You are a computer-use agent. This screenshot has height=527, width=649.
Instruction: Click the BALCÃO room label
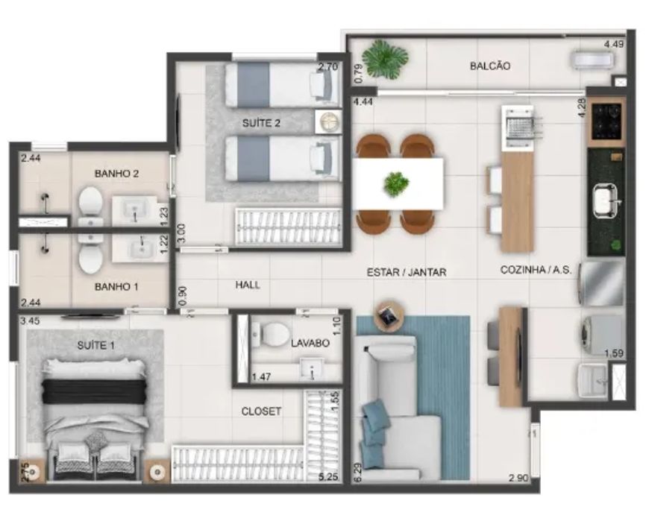click(x=489, y=66)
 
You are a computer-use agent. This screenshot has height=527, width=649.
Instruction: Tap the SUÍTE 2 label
click(x=261, y=123)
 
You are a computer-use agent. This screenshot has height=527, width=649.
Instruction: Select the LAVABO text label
click(x=310, y=343)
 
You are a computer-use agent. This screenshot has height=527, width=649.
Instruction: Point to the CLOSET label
click(x=261, y=411)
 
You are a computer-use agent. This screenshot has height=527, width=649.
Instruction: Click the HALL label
click(x=248, y=285)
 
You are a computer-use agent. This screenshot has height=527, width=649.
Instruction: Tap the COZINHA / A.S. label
click(x=536, y=270)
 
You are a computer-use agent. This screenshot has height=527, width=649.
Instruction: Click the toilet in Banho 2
click(x=91, y=206)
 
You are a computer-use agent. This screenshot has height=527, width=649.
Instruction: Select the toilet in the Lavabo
click(x=272, y=334)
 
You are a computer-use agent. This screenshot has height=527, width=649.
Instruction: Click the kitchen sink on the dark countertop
click(x=606, y=201)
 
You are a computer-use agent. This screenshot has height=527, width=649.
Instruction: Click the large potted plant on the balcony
click(x=385, y=59)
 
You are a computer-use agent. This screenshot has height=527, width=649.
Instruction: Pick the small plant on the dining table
click(x=396, y=183)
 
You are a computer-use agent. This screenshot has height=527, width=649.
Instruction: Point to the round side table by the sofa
click(x=388, y=318)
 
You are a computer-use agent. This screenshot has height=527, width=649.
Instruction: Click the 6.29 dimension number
click(x=358, y=471)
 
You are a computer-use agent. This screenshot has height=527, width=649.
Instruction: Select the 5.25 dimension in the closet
click(x=328, y=477)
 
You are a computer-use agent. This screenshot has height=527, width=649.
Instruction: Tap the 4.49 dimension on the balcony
click(x=613, y=44)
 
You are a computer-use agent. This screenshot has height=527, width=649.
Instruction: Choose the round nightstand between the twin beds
click(x=328, y=122)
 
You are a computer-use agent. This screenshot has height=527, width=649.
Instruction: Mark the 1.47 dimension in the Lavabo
click(x=261, y=377)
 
